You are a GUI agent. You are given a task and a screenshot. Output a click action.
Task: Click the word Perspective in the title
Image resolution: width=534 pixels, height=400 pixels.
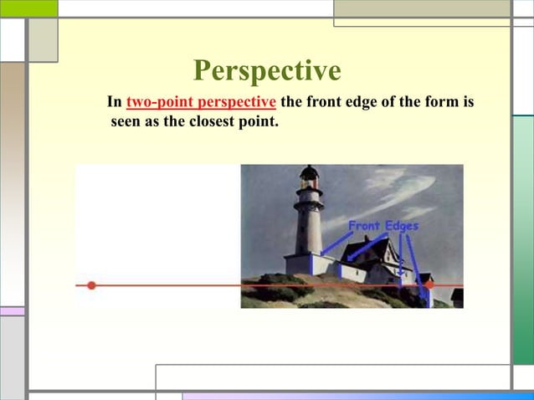tap(266, 70)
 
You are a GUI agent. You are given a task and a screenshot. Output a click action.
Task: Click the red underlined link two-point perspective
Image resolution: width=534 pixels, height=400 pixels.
tap(201, 103)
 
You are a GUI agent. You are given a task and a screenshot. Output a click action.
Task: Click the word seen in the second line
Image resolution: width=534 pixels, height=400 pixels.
tap(127, 124)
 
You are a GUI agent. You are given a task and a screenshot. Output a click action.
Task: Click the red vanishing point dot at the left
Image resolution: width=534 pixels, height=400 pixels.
tap(92, 285)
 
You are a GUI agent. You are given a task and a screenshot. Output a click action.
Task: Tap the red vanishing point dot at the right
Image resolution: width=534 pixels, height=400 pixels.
tap(429, 285)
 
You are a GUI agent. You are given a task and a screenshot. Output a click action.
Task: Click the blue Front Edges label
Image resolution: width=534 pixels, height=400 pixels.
tap(383, 225)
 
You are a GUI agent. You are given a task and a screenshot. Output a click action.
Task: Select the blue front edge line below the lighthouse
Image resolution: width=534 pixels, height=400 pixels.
tap(311, 264)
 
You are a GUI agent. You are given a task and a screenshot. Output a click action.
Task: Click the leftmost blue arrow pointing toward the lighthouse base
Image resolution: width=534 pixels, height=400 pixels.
tap(334, 244)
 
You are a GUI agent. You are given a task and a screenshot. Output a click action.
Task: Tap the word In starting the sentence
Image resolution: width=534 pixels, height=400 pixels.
tap(115, 103)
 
